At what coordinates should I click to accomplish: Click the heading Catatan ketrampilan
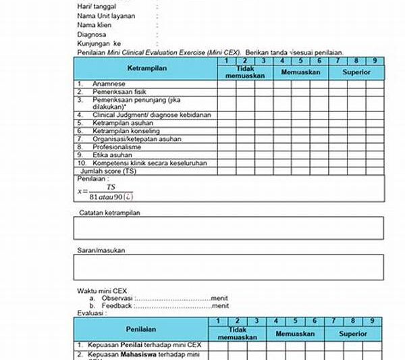(x=113, y=212)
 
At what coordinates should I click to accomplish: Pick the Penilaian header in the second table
(x=141, y=330)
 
